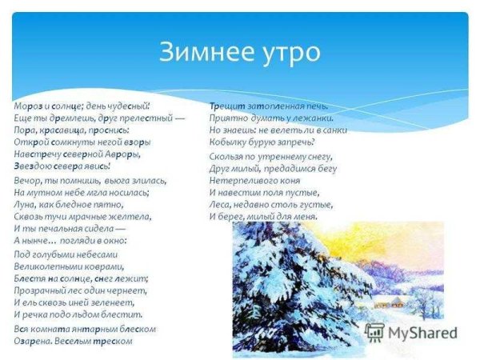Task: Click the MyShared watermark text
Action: coord(424,333)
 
